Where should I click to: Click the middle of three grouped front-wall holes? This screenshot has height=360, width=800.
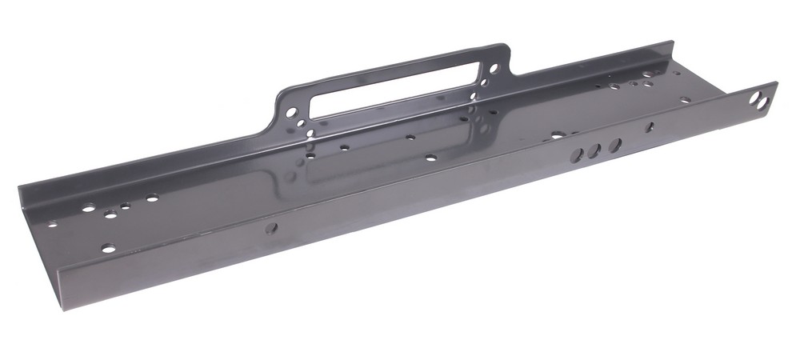tap(594, 150)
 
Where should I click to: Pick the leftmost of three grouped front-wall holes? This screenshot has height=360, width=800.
tap(576, 154)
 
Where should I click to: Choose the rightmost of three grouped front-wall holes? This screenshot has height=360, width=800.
tap(614, 146)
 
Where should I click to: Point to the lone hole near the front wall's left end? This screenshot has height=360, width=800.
tap(271, 228)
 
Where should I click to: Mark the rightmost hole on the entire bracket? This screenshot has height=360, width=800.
tap(757, 98)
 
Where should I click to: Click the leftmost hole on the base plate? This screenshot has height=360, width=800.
tap(52, 224)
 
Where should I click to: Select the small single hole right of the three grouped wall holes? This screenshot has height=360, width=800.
tap(650, 126)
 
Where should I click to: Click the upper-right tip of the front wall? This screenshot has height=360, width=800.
tap(775, 82)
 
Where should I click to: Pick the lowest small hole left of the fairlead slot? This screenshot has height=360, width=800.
tap(310, 133)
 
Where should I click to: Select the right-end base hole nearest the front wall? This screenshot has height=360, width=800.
tap(685, 100)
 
